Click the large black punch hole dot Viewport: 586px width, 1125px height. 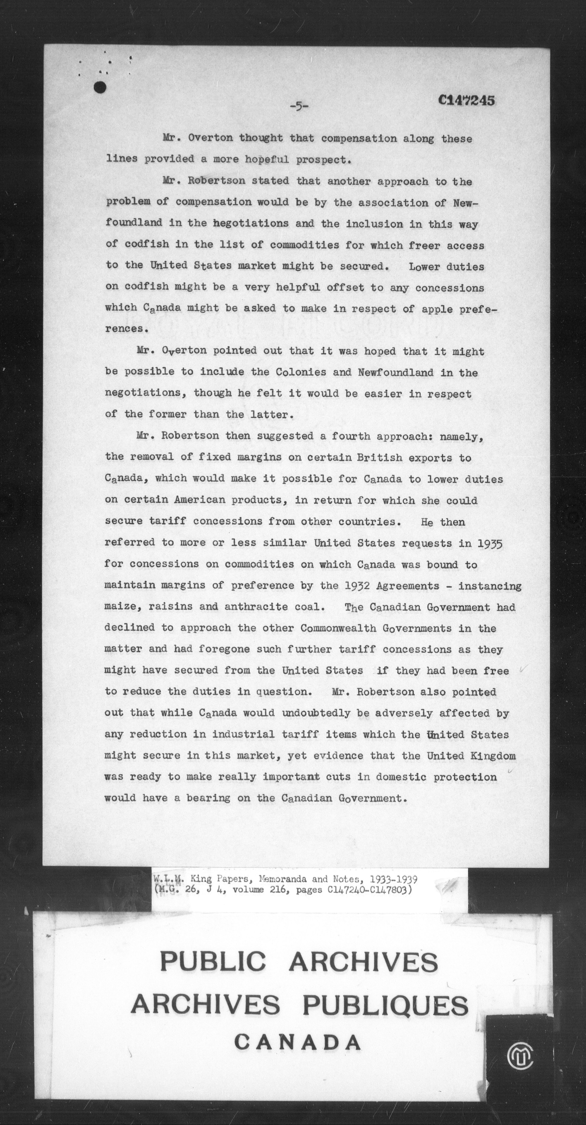click(100, 87)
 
